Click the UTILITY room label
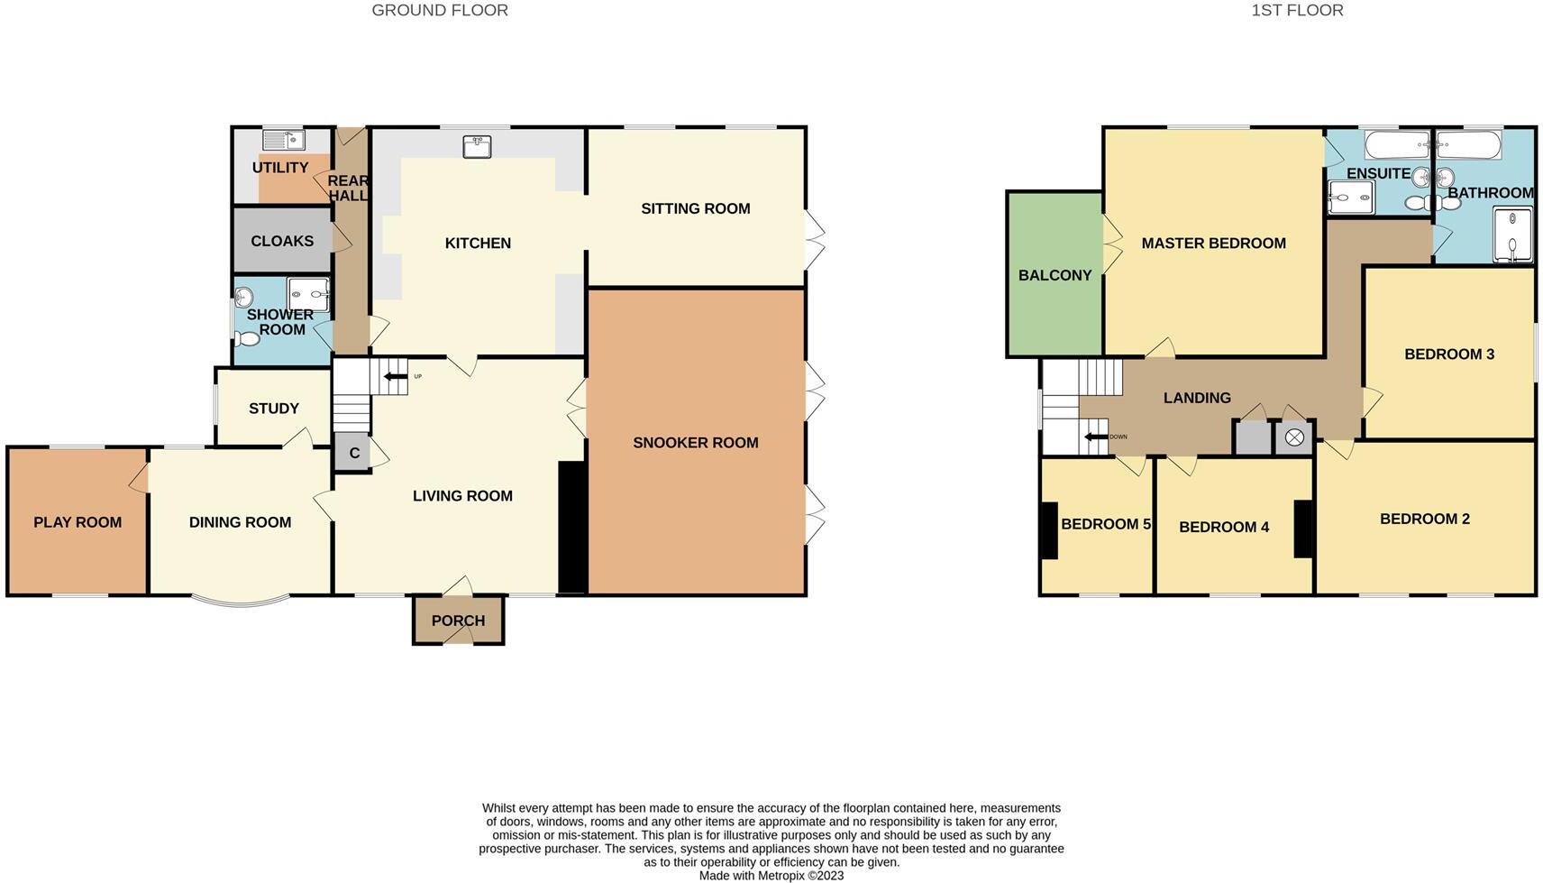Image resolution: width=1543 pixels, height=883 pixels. tap(280, 168)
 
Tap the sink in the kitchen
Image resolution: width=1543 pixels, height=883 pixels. tap(477, 146)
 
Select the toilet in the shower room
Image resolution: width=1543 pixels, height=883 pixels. tap(246, 339)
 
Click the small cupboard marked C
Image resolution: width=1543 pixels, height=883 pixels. tap(353, 453)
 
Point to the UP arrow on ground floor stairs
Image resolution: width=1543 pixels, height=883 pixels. tap(396, 376)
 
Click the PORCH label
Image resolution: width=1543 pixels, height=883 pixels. tap(458, 621)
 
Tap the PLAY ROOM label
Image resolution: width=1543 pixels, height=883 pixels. tap(78, 522)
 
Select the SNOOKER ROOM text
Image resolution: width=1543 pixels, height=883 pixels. tap(695, 443)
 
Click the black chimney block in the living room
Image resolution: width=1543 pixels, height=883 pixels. tap(572, 527)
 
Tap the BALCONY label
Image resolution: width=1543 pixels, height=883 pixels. tap(1055, 275)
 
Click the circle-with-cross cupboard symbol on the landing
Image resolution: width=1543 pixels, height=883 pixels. tap(1294, 437)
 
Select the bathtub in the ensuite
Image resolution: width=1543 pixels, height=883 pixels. tap(1397, 144)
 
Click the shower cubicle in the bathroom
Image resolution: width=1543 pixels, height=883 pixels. tap(1512, 235)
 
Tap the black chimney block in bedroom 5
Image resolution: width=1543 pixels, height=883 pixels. tap(1048, 529)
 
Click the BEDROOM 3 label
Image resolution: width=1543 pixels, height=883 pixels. tap(1448, 354)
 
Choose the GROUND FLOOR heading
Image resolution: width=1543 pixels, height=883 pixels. tap(440, 11)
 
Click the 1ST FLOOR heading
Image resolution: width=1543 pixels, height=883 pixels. tap(1297, 11)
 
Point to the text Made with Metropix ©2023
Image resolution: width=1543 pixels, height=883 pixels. tap(771, 875)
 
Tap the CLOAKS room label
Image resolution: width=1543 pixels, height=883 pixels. tap(282, 241)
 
